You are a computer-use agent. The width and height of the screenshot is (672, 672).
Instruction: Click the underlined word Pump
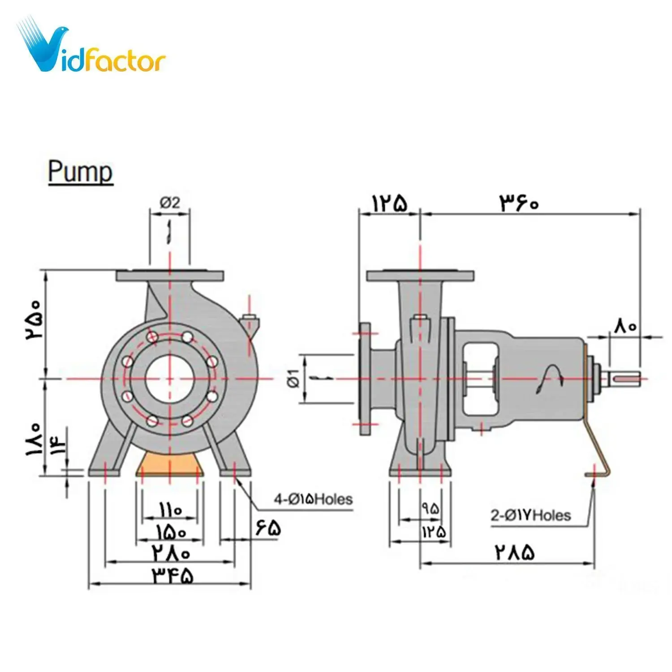81,172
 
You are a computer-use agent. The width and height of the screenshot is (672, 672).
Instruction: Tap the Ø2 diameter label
170,203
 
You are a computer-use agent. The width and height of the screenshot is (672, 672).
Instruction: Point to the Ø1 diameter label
293,378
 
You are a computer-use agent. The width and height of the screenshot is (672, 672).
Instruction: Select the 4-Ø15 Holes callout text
313,499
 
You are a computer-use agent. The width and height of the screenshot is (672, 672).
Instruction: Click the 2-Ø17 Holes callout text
530,515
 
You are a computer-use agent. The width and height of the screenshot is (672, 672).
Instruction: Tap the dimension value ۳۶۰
520,203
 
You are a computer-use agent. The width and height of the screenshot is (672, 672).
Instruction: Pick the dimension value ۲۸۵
515,552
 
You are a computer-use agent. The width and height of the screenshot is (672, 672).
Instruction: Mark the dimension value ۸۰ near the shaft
625,326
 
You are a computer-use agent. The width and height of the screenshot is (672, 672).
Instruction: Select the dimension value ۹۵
430,508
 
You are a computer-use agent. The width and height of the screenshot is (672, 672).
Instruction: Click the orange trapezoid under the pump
170,462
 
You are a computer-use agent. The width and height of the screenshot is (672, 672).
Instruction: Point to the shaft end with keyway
628,379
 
